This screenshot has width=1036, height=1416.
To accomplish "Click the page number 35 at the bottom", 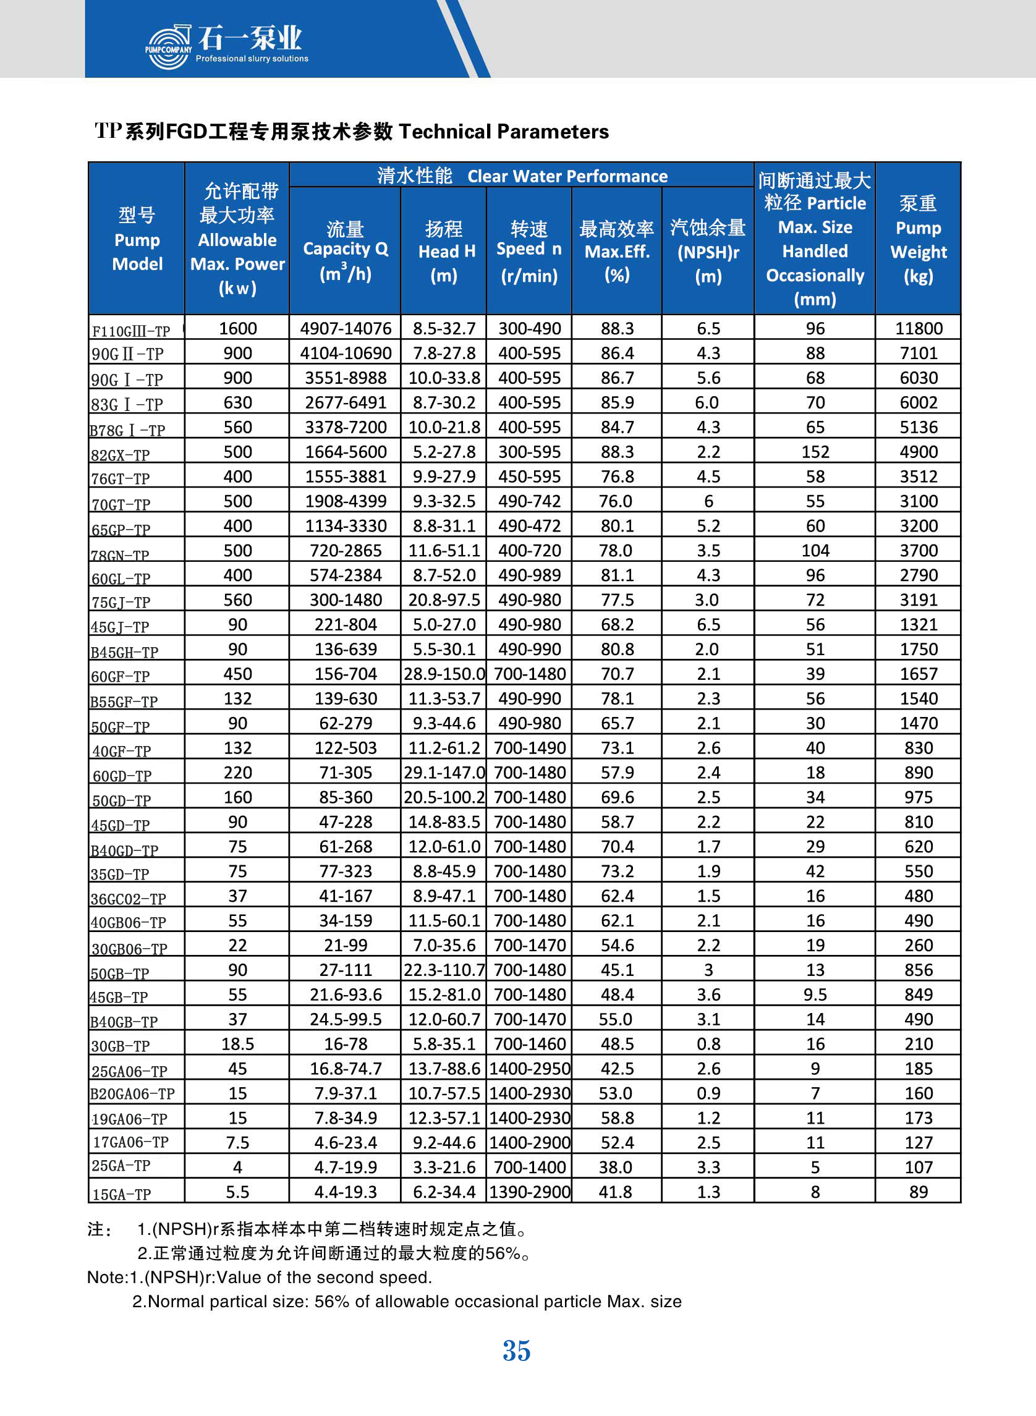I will [517, 1350].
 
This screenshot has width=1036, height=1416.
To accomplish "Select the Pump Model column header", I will [137, 239].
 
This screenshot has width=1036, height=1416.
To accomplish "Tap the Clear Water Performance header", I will [522, 176].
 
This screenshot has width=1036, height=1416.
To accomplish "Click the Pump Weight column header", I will [918, 239].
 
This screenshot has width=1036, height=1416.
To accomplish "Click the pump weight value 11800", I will [919, 329].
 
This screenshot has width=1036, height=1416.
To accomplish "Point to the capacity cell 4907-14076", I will [346, 329].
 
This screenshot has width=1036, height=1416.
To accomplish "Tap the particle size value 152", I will [815, 452].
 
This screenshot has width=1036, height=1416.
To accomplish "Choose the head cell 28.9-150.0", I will [444, 674].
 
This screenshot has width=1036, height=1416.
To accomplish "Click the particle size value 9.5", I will [815, 994].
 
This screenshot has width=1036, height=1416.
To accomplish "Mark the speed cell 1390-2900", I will [530, 1192].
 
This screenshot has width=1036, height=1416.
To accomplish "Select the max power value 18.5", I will [238, 1044].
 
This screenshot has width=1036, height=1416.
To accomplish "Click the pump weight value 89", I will [919, 1192].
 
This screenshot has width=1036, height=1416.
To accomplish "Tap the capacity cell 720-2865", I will [346, 551].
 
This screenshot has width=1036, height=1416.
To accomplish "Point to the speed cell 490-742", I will [530, 502].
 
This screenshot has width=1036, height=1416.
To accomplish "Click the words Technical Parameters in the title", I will [504, 132].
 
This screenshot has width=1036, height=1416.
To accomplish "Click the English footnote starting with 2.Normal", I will [406, 1301].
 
